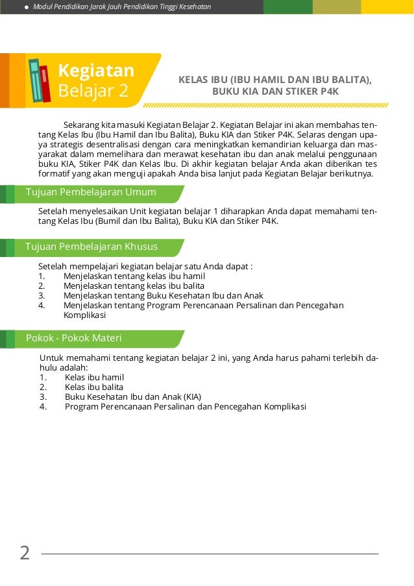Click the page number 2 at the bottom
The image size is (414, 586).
pos(25,554)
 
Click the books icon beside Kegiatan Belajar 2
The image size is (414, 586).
pos(40,80)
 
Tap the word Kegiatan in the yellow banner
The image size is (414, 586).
pos(95,70)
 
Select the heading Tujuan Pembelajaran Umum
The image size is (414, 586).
pos(90,192)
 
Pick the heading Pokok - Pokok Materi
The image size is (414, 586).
pos(73,338)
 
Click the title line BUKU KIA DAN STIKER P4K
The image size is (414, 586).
pos(275,92)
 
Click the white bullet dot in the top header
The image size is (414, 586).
pos(26,6)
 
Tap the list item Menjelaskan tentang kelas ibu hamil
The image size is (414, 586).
pos(134,276)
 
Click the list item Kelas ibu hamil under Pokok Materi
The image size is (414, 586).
pos(94,377)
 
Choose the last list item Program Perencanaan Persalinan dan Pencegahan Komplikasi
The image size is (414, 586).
pos(185,407)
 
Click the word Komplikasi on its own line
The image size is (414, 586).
pos(84,315)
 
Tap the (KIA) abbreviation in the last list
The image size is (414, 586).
pos(192,397)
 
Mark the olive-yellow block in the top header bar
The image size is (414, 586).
pos(336,6)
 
